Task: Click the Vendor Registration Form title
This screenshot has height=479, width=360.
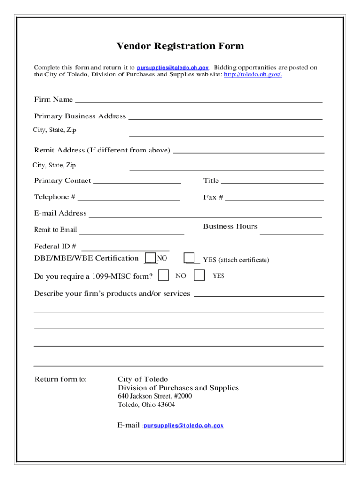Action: coord(180,46)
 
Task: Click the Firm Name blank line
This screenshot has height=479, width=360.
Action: coord(198,99)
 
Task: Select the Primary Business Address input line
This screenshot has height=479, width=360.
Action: coord(225,116)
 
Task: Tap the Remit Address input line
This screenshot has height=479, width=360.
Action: coord(249,151)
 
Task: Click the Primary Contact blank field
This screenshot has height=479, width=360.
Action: coord(137,181)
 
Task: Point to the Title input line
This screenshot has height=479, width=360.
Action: coord(272,181)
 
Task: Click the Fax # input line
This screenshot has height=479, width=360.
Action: coord(274,198)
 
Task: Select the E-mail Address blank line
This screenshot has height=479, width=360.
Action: coord(205,214)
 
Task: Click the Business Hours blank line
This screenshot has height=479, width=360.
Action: coord(292,231)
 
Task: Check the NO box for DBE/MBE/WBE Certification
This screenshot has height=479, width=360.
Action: coord(151,258)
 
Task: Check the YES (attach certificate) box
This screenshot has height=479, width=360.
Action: coord(189,258)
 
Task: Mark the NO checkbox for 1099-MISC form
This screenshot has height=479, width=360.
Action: coord(164,276)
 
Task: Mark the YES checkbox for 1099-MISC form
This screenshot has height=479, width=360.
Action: coord(199,276)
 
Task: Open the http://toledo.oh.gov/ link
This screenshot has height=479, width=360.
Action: coord(253,74)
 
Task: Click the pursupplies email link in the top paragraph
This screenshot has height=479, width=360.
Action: coord(173,68)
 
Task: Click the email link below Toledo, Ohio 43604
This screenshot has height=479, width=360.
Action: coord(184,426)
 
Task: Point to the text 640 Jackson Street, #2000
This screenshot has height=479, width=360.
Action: coord(154,396)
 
